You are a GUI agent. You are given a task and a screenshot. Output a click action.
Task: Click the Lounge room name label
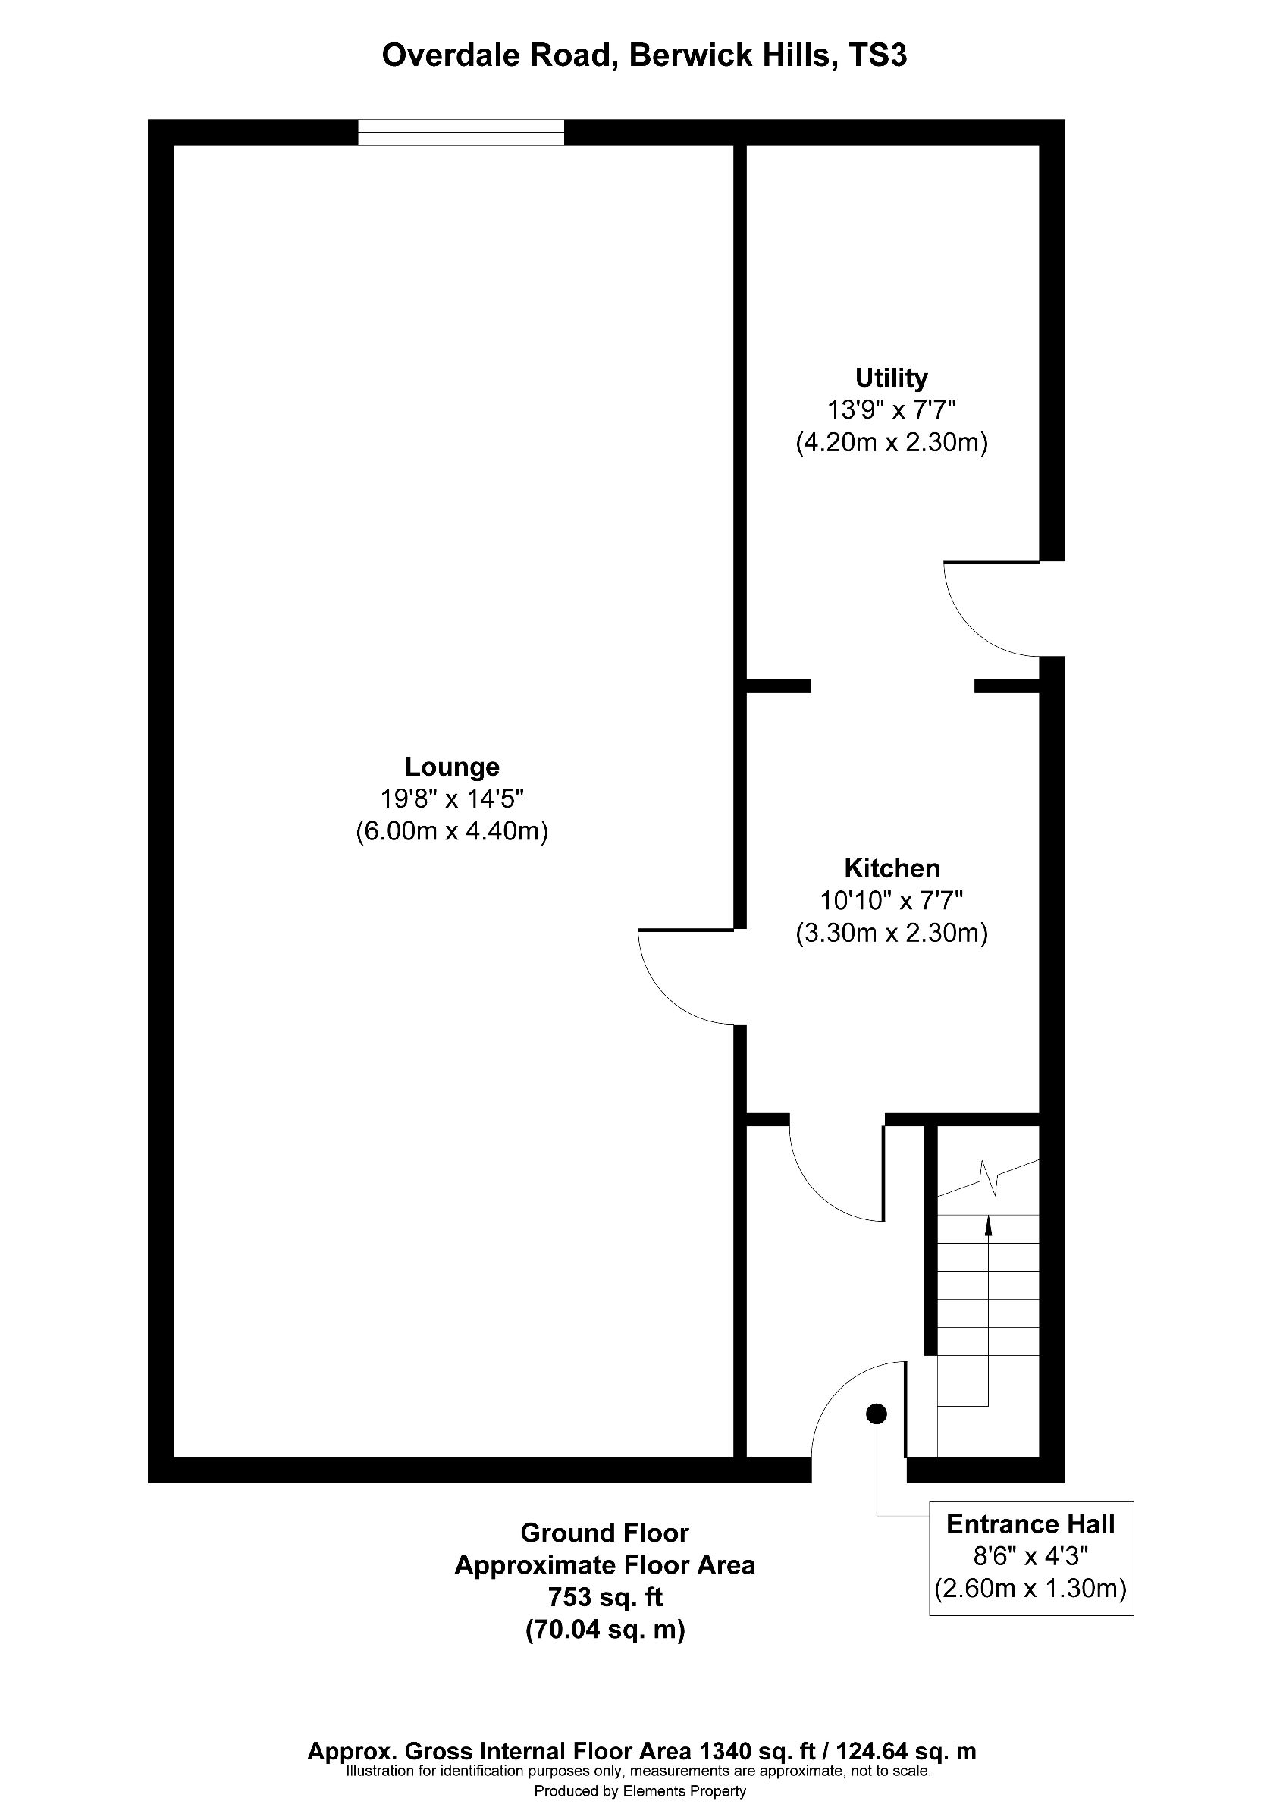point(452,767)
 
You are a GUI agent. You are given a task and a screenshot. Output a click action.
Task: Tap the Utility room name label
point(891,378)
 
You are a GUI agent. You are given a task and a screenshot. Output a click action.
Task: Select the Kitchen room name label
point(892,868)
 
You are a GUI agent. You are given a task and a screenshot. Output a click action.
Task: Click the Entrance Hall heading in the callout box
point(1030,1523)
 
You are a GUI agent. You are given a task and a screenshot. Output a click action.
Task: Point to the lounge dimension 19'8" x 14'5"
point(452,799)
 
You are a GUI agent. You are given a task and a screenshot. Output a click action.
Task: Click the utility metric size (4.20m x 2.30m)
point(892,442)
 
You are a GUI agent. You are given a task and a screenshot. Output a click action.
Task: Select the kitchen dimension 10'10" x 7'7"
point(892,900)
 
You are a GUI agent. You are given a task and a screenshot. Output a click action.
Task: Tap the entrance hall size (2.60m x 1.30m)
point(1030,1589)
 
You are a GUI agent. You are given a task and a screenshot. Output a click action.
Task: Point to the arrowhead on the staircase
point(988,1226)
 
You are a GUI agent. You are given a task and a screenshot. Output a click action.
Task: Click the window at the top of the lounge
point(460,133)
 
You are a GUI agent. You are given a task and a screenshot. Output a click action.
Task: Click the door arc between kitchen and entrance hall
point(816,1188)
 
